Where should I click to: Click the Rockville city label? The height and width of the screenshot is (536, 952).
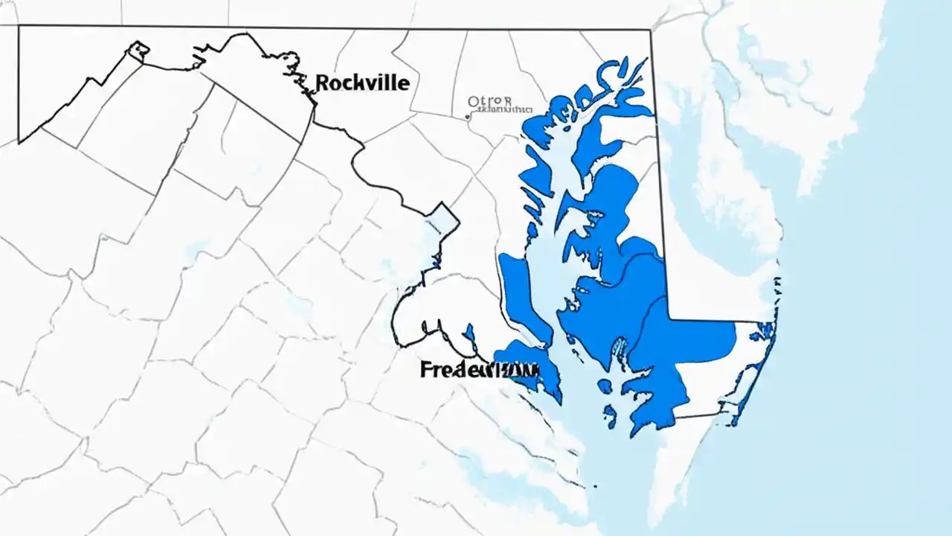click(x=362, y=83)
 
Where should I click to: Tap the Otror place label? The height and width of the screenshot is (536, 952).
click(x=490, y=100)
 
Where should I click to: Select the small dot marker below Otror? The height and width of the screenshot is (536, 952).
click(x=466, y=116)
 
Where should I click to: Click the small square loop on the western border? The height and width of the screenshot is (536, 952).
click(x=139, y=50)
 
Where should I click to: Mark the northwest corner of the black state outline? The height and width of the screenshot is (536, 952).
click(x=19, y=27)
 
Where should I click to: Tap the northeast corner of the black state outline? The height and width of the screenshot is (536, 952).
click(x=651, y=31)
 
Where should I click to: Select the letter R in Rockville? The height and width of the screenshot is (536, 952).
click(x=322, y=83)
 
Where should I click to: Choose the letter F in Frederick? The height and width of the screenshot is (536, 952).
click(x=425, y=370)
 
